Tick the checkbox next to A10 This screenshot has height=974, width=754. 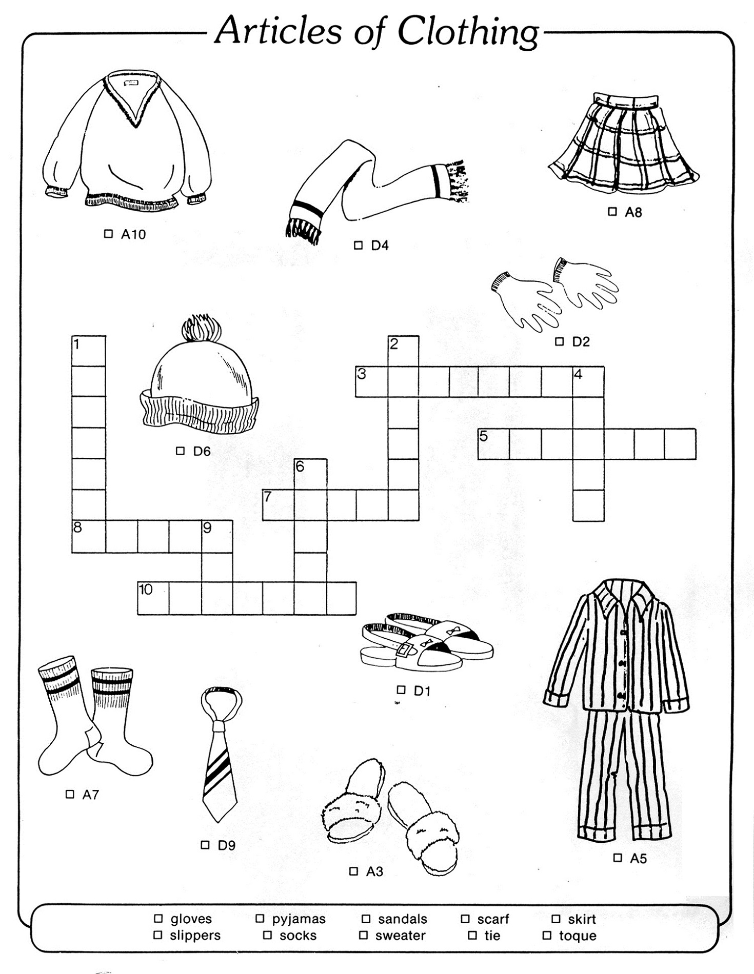[x=108, y=234]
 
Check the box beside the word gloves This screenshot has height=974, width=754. [x=158, y=918]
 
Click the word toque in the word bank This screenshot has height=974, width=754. [x=578, y=936]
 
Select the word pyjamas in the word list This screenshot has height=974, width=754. [x=299, y=919]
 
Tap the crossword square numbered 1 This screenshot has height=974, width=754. [x=89, y=351]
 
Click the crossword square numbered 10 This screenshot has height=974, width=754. [x=153, y=598]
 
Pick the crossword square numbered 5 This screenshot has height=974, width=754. [x=493, y=444]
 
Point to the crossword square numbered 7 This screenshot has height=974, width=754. [x=279, y=505]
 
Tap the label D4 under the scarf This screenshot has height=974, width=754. [x=380, y=246]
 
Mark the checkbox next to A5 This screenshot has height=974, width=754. [x=618, y=857]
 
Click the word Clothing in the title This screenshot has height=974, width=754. [x=468, y=32]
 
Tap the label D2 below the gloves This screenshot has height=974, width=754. [x=581, y=342]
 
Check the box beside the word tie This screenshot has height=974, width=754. [x=472, y=935]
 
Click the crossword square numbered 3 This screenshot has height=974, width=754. [x=371, y=382]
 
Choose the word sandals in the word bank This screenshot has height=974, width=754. [x=402, y=919]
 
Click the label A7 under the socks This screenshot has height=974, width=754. [x=90, y=795]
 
